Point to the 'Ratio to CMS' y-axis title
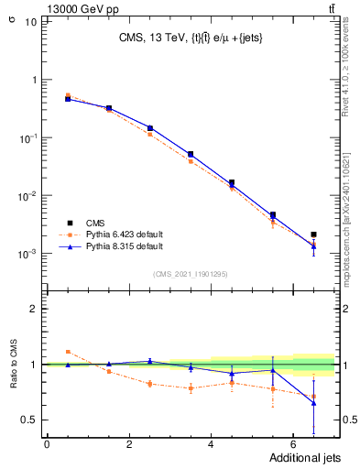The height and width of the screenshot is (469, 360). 15,365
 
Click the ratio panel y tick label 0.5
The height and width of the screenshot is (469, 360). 28,420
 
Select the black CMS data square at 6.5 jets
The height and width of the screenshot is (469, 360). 313,234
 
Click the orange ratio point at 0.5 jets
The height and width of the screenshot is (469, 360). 68,351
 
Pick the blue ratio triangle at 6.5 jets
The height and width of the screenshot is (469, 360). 313,402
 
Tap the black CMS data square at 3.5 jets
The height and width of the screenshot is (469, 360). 191,155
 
